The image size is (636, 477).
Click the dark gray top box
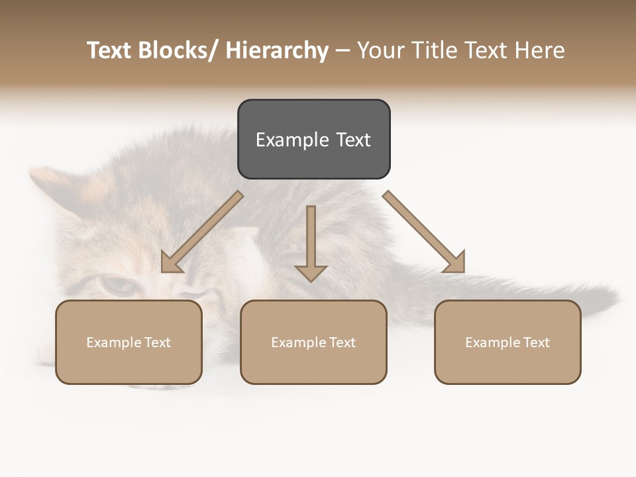[x=313, y=139]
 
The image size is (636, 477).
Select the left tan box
[x=129, y=342]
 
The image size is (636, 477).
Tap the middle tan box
[x=313, y=342]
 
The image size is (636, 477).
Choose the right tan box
[x=507, y=342]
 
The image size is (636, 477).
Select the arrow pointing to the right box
[x=424, y=232]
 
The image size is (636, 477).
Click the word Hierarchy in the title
[x=276, y=50]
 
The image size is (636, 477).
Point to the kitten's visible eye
[x=117, y=286]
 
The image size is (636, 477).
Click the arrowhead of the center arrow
[x=311, y=272]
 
